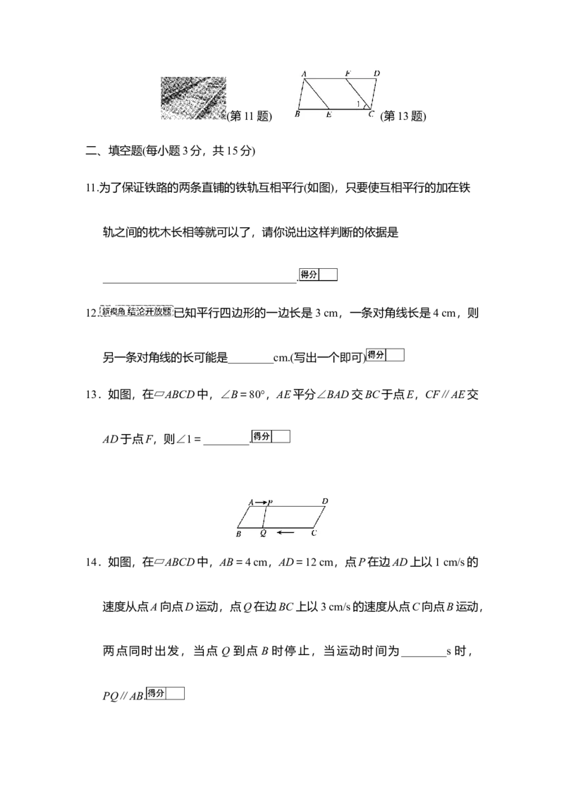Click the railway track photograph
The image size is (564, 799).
193,98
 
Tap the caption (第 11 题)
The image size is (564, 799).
250,116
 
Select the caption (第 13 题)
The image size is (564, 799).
403,116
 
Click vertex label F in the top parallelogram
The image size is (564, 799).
348,73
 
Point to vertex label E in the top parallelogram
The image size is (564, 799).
329,114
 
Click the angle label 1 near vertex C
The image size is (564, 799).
358,104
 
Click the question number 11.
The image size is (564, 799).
92,188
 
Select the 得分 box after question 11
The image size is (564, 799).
318,275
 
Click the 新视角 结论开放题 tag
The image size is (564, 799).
137,311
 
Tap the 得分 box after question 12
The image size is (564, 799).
386,354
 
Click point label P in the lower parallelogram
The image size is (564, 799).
270,503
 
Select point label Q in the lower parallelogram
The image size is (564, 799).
263,534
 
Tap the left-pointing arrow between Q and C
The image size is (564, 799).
286,533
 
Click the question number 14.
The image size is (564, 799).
92,562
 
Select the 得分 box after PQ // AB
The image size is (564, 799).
165,694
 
